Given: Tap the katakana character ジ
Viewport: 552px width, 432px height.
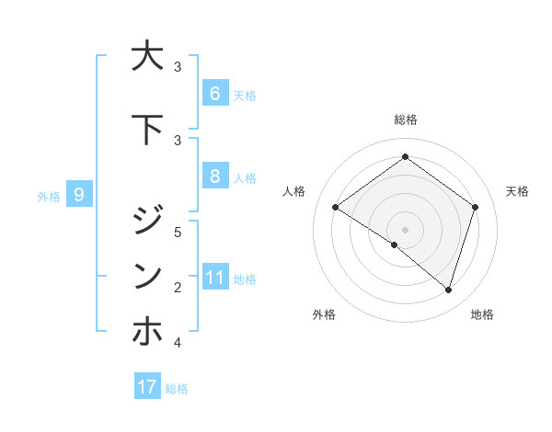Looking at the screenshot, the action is [x=147, y=221].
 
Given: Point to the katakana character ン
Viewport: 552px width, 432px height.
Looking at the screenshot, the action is [x=147, y=276].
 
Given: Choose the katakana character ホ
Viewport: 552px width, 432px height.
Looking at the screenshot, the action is [x=147, y=331].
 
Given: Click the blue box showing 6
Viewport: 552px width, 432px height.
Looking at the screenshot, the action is [x=214, y=93].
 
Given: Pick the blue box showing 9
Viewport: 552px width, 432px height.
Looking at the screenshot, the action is [x=79, y=194].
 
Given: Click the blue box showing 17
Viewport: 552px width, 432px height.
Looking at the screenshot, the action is [x=147, y=387].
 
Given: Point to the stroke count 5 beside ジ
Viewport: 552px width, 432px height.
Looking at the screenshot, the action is [x=178, y=232].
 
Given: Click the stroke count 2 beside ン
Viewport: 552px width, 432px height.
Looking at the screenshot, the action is [x=178, y=288].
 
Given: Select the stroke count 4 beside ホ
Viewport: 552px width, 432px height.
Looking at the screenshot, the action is [x=178, y=343].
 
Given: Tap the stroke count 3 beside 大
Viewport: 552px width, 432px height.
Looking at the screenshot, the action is [x=178, y=67].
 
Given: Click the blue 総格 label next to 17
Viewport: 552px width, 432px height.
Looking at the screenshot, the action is [x=177, y=389].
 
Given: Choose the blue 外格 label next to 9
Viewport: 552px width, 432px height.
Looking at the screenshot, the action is [x=49, y=196].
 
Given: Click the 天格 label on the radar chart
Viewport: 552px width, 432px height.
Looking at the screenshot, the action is [x=518, y=191].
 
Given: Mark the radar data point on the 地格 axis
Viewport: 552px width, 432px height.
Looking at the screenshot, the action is [x=448, y=290].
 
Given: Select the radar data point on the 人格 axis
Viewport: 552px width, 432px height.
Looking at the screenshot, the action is [x=335, y=208].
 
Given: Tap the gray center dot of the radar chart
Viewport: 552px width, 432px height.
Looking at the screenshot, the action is [x=405, y=229].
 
